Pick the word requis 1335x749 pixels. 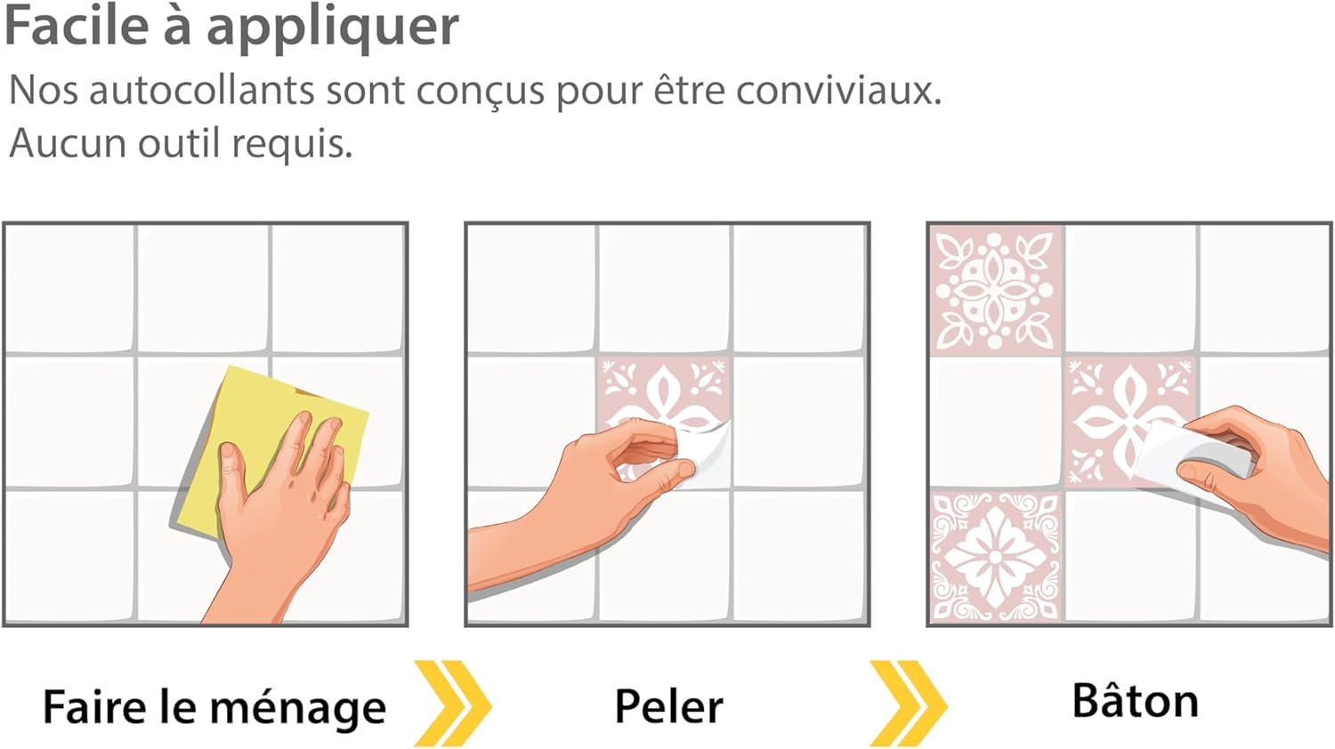click(x=292, y=145)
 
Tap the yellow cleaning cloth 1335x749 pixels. click(x=271, y=453)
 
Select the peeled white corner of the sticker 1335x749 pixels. click(x=707, y=455)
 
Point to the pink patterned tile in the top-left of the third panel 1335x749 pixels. click(x=995, y=290)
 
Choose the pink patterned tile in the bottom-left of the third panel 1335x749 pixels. click(x=995, y=556)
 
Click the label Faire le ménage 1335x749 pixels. click(x=214, y=706)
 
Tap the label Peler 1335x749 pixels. click(x=668, y=706)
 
